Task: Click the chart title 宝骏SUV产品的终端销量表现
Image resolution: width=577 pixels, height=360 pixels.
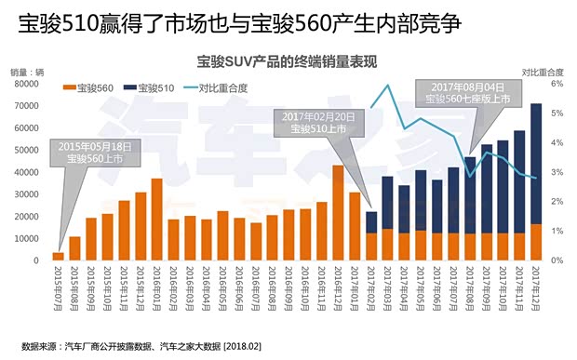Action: (x=288, y=62)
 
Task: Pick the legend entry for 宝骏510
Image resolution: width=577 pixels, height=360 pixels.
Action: (x=158, y=88)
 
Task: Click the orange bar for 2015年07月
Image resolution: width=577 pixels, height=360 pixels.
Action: (x=59, y=256)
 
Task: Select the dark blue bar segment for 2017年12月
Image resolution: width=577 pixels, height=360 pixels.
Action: (x=536, y=163)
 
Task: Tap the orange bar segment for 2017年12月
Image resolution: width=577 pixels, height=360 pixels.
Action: (x=536, y=242)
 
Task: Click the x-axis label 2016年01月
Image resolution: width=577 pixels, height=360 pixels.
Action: (x=158, y=288)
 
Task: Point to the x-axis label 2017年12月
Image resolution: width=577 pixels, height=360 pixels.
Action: (x=537, y=288)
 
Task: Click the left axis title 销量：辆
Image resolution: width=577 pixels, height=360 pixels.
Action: (x=27, y=72)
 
